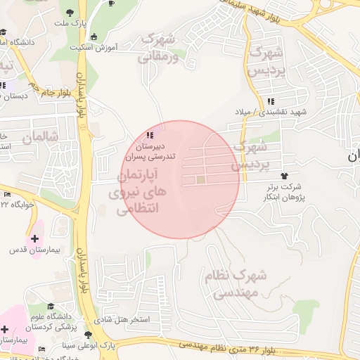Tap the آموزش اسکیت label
[x=93, y=47]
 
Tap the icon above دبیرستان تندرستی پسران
[x=148, y=135]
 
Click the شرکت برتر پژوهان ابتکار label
[x=284, y=192]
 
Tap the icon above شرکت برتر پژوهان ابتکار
[x=284, y=176]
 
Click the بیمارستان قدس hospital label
[x=27, y=250]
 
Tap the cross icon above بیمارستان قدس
[x=34, y=238]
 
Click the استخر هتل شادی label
[x=126, y=319]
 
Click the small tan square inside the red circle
[x=200, y=181]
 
